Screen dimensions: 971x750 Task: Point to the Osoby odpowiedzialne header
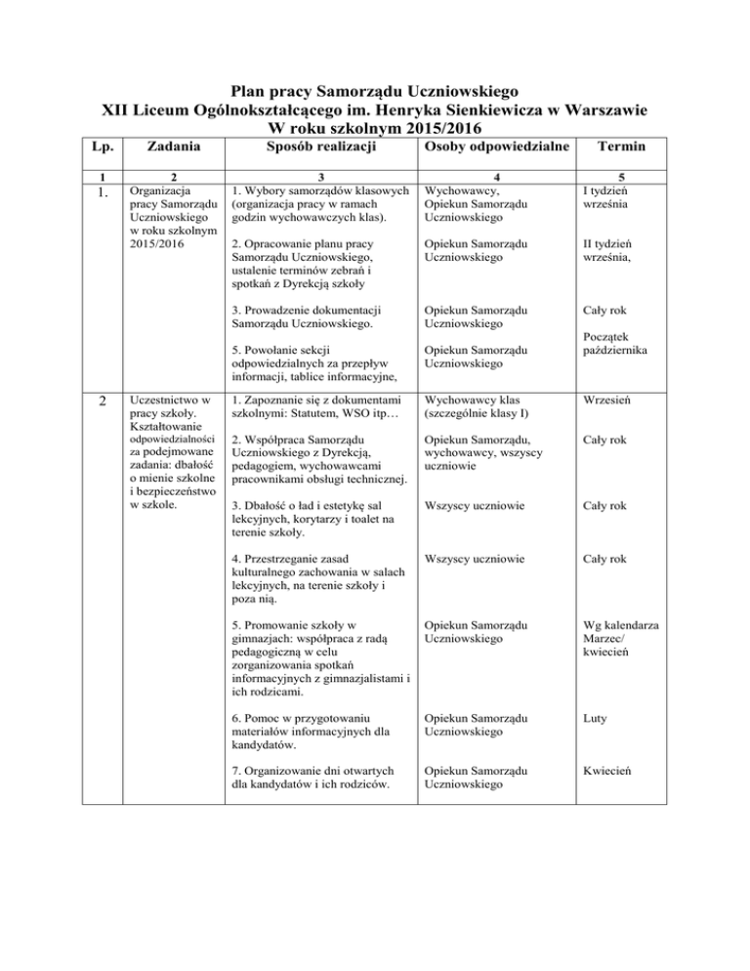(487, 147)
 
